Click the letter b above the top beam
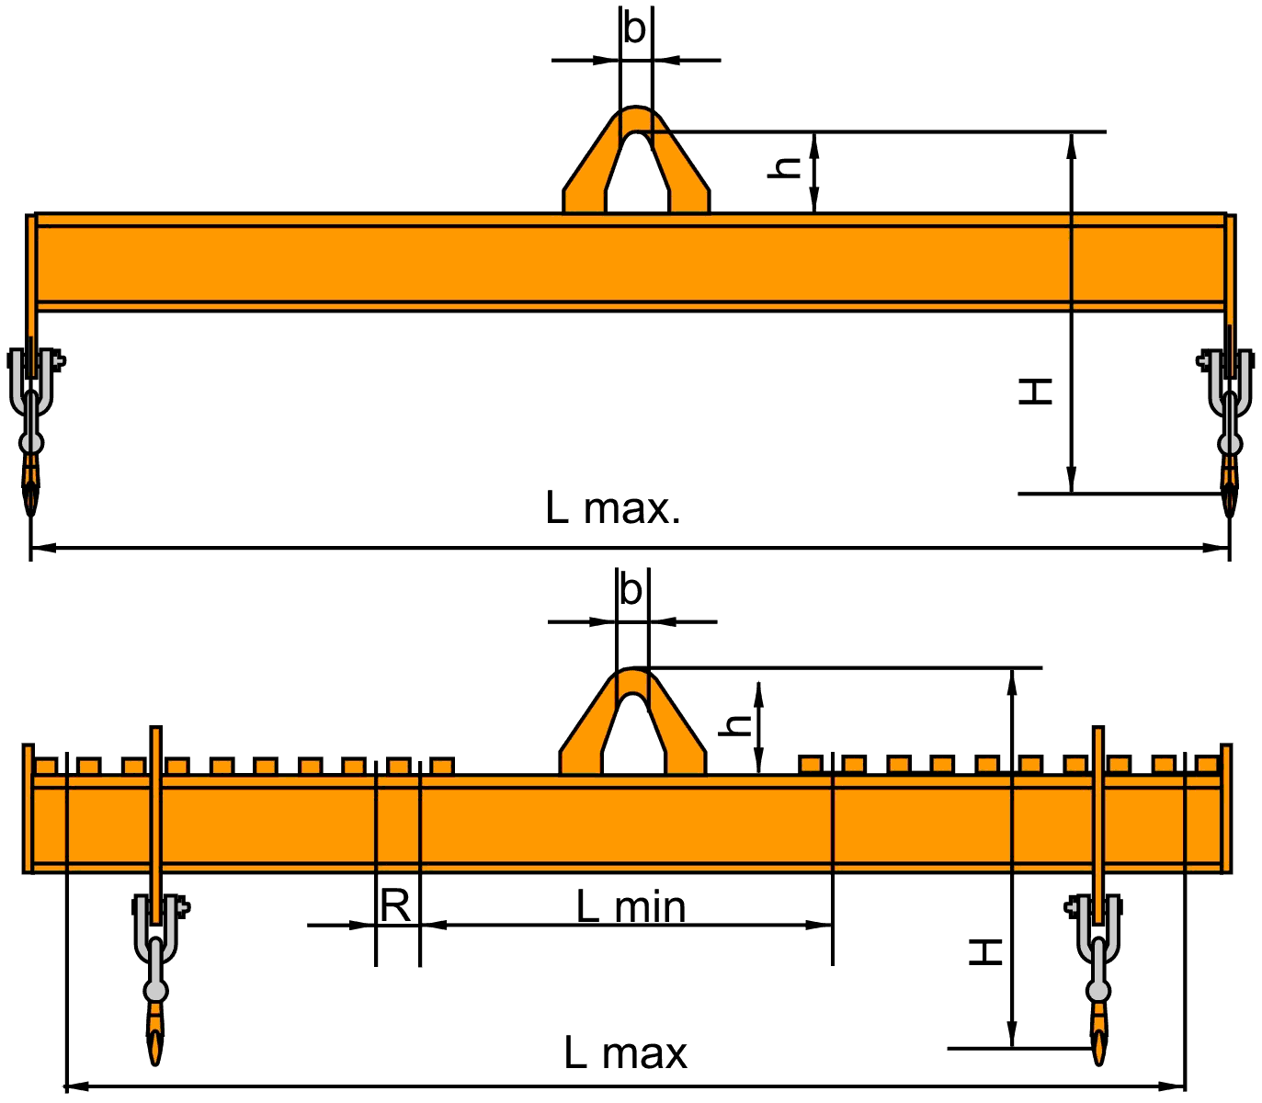634,29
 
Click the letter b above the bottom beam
631,590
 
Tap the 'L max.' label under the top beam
613,508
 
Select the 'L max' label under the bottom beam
625,1053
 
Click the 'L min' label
631,908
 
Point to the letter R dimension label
395,907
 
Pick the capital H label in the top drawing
1036,392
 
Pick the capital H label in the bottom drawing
986,951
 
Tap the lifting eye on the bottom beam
632,722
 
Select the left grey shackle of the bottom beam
156,933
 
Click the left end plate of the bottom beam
28,808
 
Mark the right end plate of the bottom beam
1226,808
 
